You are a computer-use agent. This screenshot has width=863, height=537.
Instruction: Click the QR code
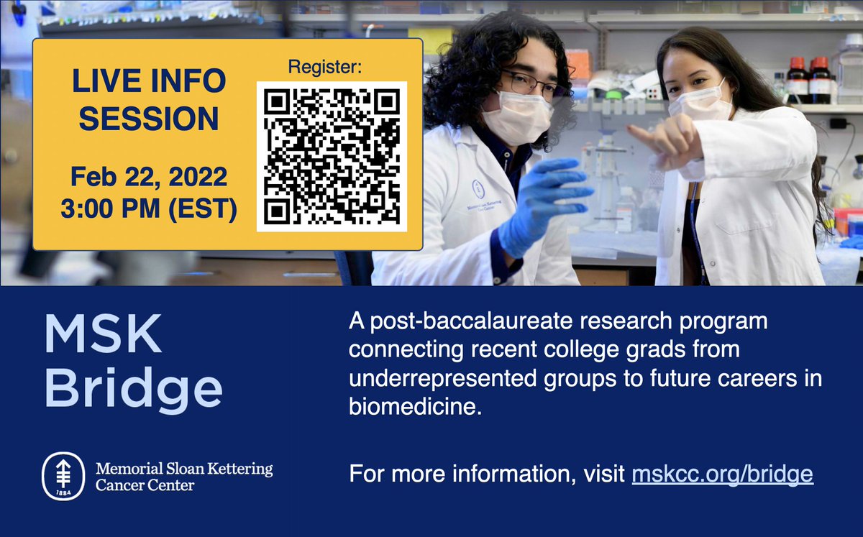coord(332,156)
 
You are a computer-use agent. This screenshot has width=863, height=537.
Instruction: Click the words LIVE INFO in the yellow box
coord(148,82)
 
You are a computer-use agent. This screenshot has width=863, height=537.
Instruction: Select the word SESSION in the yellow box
coord(148,119)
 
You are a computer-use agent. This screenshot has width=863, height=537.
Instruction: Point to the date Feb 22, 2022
coord(148,176)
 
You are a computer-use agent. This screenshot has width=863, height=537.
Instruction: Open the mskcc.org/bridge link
coord(722,474)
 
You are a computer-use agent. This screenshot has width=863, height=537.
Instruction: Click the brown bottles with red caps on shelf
coord(808,80)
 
